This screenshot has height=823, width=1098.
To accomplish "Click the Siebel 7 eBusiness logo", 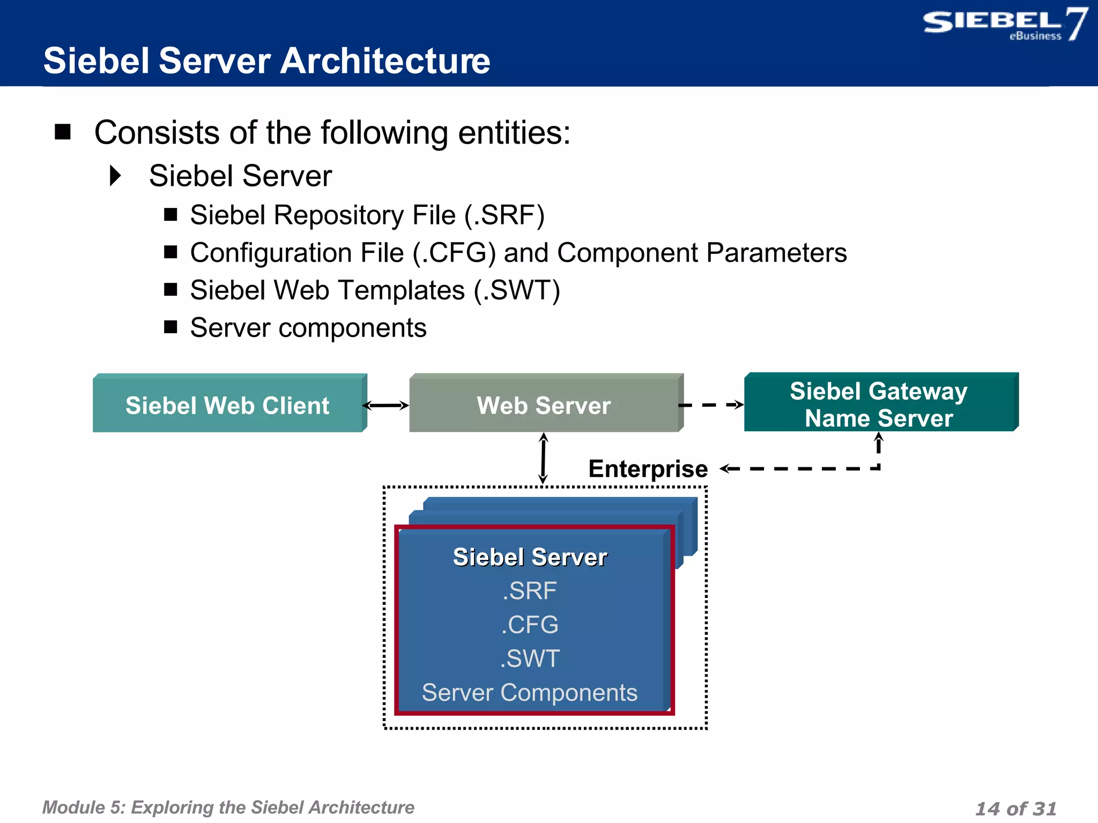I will click(1004, 25).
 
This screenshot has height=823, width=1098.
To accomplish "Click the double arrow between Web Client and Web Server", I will click(386, 406).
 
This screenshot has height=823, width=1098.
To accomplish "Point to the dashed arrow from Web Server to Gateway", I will click(711, 405).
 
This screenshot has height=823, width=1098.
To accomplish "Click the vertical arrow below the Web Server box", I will click(543, 458).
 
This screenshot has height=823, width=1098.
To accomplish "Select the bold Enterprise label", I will click(648, 469).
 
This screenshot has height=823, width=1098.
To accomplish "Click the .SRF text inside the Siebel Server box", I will click(530, 590).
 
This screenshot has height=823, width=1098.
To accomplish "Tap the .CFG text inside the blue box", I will click(530, 625).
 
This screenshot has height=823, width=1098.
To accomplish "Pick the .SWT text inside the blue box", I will click(530, 659).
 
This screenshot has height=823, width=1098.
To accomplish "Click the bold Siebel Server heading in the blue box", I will click(530, 557).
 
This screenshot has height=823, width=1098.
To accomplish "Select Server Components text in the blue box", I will click(530, 692).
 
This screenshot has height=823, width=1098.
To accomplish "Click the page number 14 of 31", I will click(1015, 808).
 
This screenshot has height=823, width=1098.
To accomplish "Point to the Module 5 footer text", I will click(228, 807).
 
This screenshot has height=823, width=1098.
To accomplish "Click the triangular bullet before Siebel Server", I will click(115, 176).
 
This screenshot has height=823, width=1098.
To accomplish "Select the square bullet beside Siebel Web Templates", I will click(170, 290).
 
